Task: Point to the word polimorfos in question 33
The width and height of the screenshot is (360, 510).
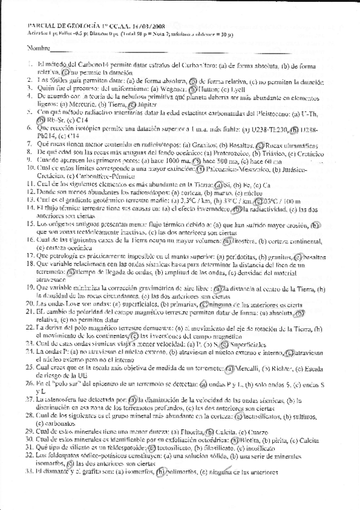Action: coord(183,472)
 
